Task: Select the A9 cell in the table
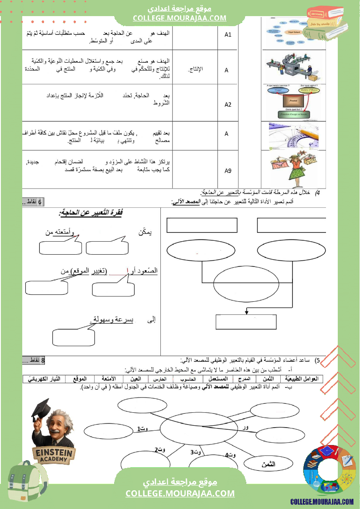pos(228,170)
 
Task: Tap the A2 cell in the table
pos(228,104)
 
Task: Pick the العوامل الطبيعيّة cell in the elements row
pos(302,379)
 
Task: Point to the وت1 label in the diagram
pos(143,429)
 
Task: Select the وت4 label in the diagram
pos(230,455)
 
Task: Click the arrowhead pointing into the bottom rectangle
pos(247,312)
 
